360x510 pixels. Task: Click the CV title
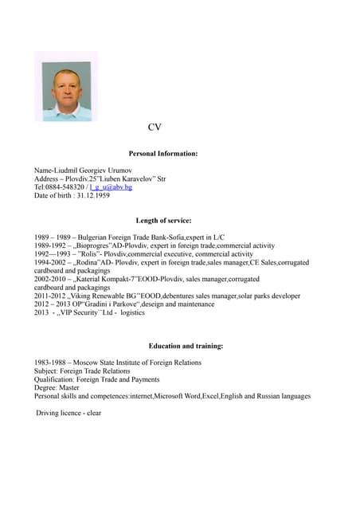click(155, 127)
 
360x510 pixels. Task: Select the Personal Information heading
click(163, 153)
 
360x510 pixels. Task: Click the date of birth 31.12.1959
click(93, 195)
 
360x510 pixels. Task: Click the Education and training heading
click(186, 346)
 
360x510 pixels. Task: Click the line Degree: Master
click(64, 387)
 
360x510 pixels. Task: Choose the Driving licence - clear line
click(68, 413)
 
